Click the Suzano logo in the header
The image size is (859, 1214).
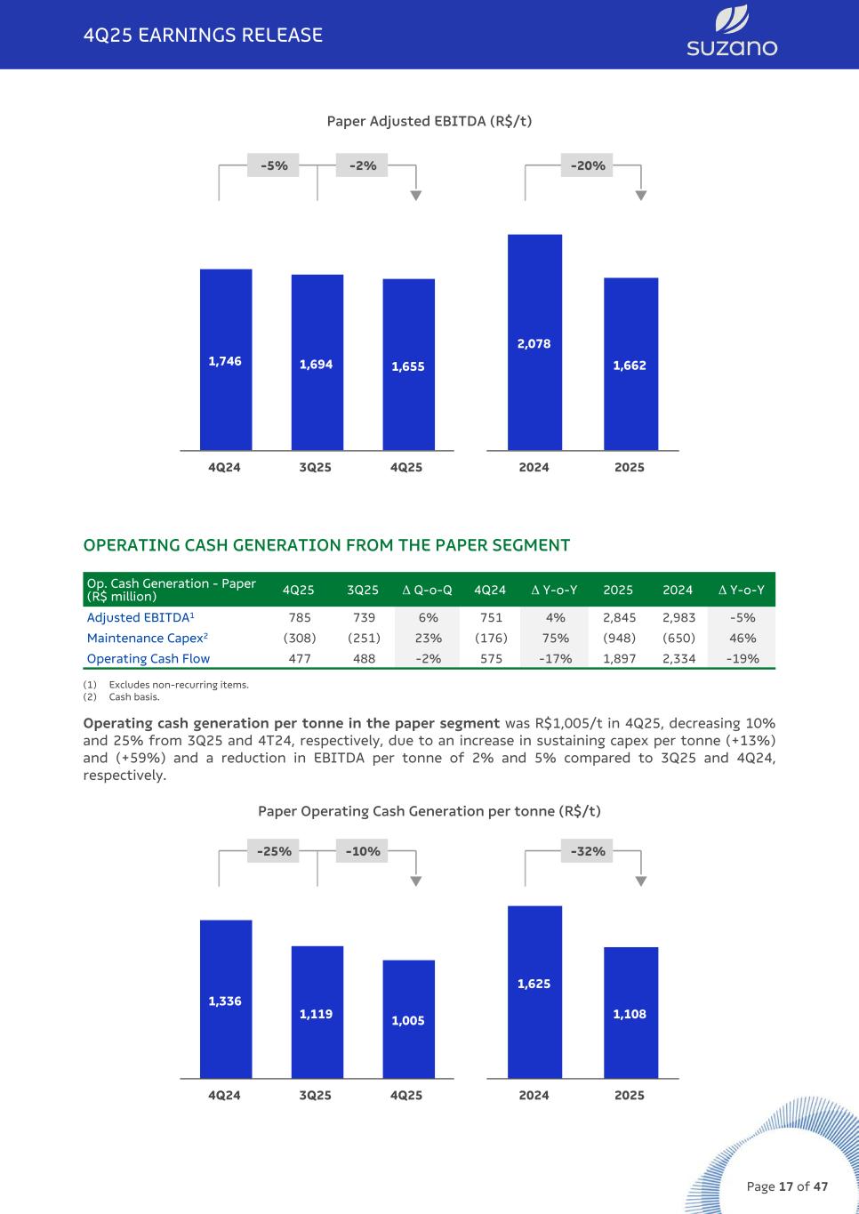point(731,33)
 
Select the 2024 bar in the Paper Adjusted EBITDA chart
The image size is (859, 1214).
point(534,342)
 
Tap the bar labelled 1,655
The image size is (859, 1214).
point(408,365)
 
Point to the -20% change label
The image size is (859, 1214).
point(588,165)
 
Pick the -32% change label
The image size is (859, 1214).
point(588,851)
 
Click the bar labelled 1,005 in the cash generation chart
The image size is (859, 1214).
point(408,1019)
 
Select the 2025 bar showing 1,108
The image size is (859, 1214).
point(630,1013)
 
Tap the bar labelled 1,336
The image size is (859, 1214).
point(225,1000)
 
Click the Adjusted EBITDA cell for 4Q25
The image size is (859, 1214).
point(300,617)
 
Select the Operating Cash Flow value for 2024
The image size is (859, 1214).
point(678,659)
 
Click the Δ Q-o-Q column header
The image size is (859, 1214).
point(427,590)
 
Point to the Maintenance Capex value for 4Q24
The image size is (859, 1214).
point(491,638)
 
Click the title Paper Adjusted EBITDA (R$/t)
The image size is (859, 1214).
point(429,121)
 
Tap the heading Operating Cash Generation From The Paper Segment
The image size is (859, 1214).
point(326,545)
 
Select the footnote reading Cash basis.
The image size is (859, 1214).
point(134,697)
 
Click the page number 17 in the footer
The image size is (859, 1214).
point(785,1186)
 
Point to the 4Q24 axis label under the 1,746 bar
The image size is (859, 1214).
point(224,467)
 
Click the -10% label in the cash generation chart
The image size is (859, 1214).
point(363,851)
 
